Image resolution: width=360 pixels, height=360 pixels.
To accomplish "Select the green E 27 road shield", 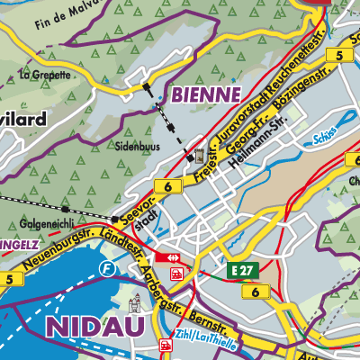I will (x=239, y=270).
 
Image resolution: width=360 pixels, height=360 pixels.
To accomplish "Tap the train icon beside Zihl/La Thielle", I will (x=165, y=344).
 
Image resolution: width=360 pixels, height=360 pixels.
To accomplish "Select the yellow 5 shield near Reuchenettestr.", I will (x=339, y=55).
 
